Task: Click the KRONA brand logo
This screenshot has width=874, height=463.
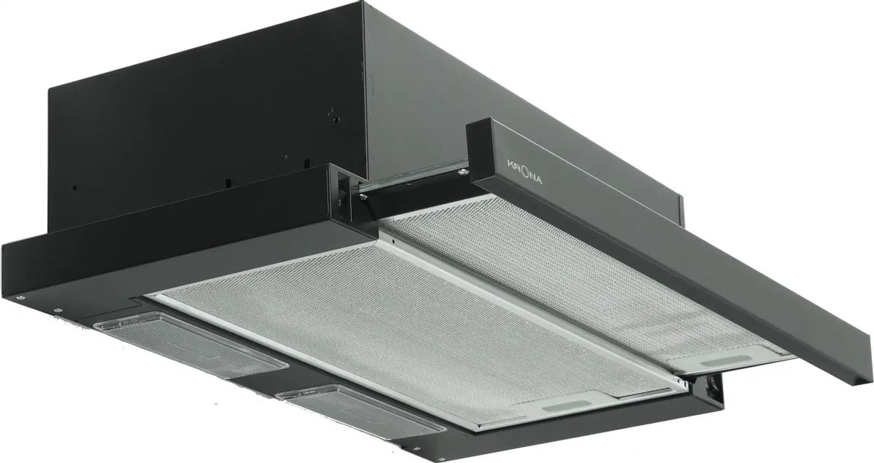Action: (525, 172)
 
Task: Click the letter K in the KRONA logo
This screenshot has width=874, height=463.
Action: (511, 163)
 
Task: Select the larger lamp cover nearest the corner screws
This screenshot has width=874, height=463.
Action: (190, 344)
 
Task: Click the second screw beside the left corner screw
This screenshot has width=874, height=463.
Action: (58, 311)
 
